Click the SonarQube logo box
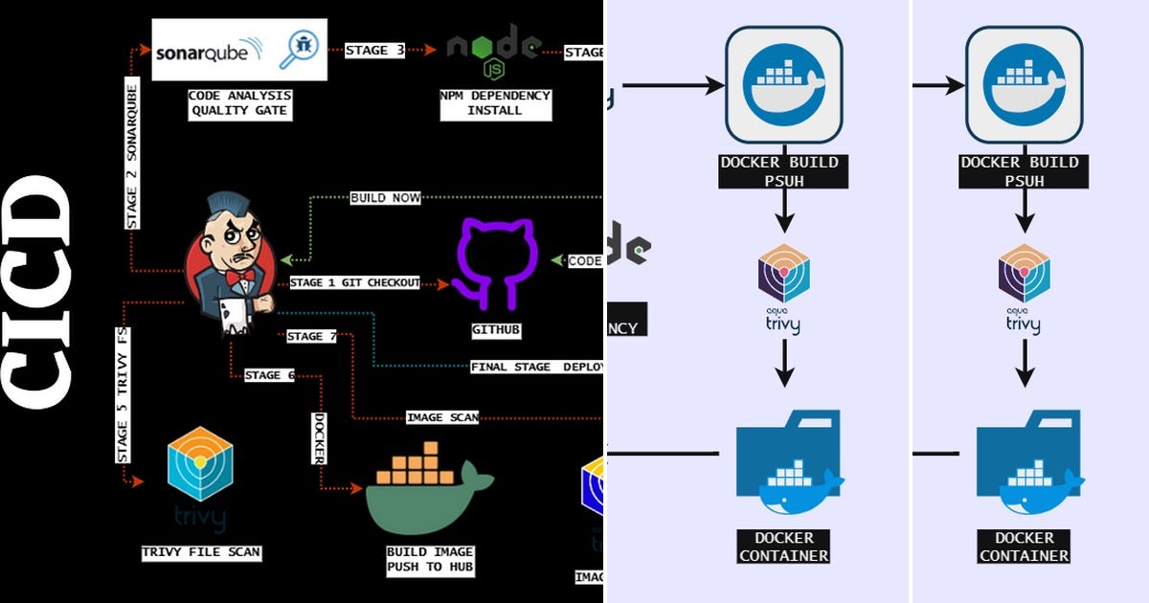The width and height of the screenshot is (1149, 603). [239, 50]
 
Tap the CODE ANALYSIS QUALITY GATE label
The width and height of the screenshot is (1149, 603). [239, 103]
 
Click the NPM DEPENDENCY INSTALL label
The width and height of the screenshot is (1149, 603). [495, 103]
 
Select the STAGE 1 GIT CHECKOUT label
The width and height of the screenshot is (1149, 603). [354, 283]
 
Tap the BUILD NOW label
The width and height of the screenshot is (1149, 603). [385, 198]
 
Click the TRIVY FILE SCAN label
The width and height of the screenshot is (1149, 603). [201, 552]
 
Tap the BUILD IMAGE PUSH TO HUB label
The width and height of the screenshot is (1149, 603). [430, 559]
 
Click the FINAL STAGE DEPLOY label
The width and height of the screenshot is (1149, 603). [535, 367]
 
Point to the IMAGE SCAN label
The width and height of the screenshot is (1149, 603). [441, 417]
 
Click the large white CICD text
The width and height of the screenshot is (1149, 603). [38, 292]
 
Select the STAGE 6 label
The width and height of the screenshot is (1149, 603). [269, 375]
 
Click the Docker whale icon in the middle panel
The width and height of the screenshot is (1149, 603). [783, 85]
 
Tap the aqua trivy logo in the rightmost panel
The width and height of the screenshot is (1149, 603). [1024, 288]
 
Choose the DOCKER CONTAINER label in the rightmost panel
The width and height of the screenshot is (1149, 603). [1024, 547]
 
